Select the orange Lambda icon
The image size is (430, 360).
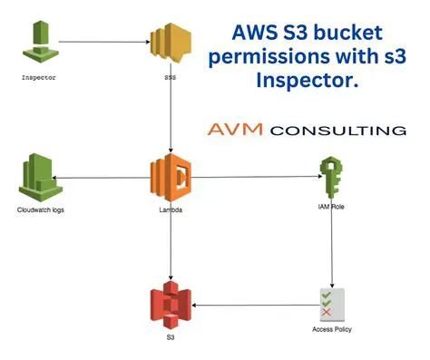(x=171, y=178)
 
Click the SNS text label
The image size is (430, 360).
(x=171, y=79)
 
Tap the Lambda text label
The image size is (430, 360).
(x=171, y=209)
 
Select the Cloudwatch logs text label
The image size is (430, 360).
(x=41, y=209)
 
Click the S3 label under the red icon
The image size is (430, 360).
(x=171, y=336)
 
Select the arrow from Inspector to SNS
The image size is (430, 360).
(x=104, y=41)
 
